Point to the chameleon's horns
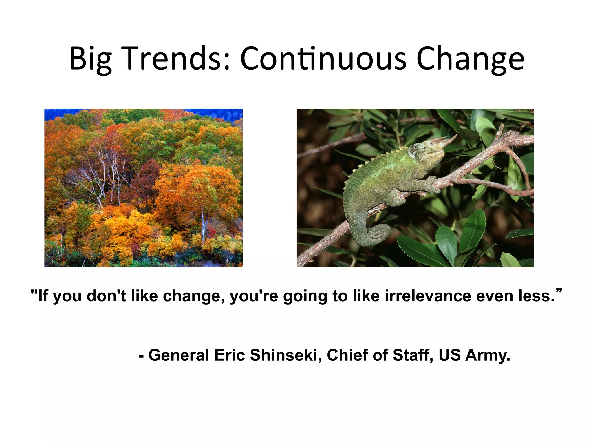[443, 141]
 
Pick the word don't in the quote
[106, 296]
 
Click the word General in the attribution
[179, 355]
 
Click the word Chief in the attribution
[347, 355]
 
